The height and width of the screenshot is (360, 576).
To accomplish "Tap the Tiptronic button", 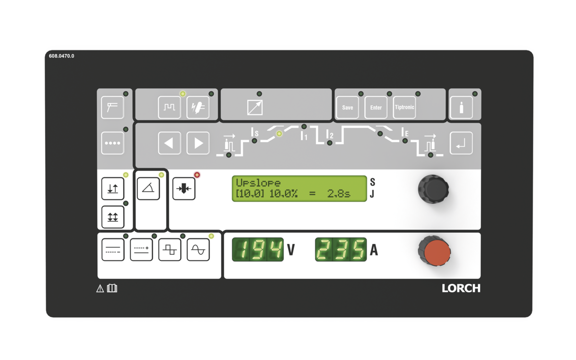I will click(x=404, y=108).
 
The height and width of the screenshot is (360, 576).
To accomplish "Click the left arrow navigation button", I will click(x=169, y=143).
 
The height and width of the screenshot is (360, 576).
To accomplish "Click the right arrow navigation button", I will click(x=198, y=143).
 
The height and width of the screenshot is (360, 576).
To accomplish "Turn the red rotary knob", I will click(x=435, y=251).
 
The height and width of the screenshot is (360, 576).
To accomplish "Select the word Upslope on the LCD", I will click(x=258, y=183).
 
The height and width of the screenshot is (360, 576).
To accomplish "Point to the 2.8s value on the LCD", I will click(x=338, y=194).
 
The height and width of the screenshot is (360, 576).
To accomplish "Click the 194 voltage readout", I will click(x=258, y=250).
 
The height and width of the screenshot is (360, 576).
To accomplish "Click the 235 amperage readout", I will click(x=341, y=250).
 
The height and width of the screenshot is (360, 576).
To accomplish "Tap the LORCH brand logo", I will click(x=461, y=288).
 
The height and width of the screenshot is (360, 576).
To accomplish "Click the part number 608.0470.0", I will click(x=61, y=56).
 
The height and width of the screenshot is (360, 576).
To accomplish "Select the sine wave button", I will click(x=198, y=250).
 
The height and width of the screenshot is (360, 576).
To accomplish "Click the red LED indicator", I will click(x=197, y=175).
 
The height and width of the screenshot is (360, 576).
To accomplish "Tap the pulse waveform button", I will click(x=169, y=108).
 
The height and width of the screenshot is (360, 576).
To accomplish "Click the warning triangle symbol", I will click(x=100, y=288).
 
